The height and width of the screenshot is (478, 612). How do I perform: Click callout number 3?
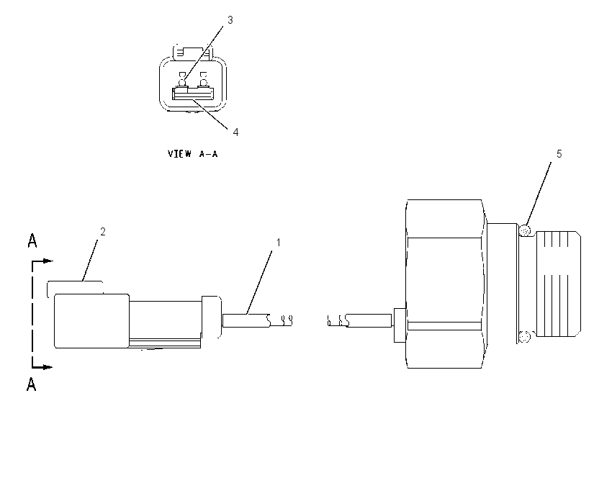point(230,20)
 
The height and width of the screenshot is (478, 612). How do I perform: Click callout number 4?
point(235,132)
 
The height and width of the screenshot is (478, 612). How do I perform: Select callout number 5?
point(559,154)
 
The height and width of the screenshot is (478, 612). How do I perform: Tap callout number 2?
point(103,232)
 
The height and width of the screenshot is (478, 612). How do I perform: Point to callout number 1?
point(279,243)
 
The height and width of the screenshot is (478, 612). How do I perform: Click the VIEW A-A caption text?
point(193,154)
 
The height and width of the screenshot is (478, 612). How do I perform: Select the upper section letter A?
point(32,240)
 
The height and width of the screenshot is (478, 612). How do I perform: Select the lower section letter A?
point(32,384)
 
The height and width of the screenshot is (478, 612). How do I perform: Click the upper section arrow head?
point(48,261)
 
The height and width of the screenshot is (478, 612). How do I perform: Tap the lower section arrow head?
point(48,367)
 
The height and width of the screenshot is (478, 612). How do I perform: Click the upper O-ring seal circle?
point(526,230)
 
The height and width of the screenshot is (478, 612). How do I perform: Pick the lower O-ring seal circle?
point(526,335)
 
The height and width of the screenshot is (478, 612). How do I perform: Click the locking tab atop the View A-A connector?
point(188,53)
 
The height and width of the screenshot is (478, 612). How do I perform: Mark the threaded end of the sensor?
point(559,284)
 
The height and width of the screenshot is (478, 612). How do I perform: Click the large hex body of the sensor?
point(445,284)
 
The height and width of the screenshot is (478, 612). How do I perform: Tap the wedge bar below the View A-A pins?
point(193,94)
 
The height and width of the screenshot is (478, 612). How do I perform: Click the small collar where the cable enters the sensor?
point(400,325)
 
